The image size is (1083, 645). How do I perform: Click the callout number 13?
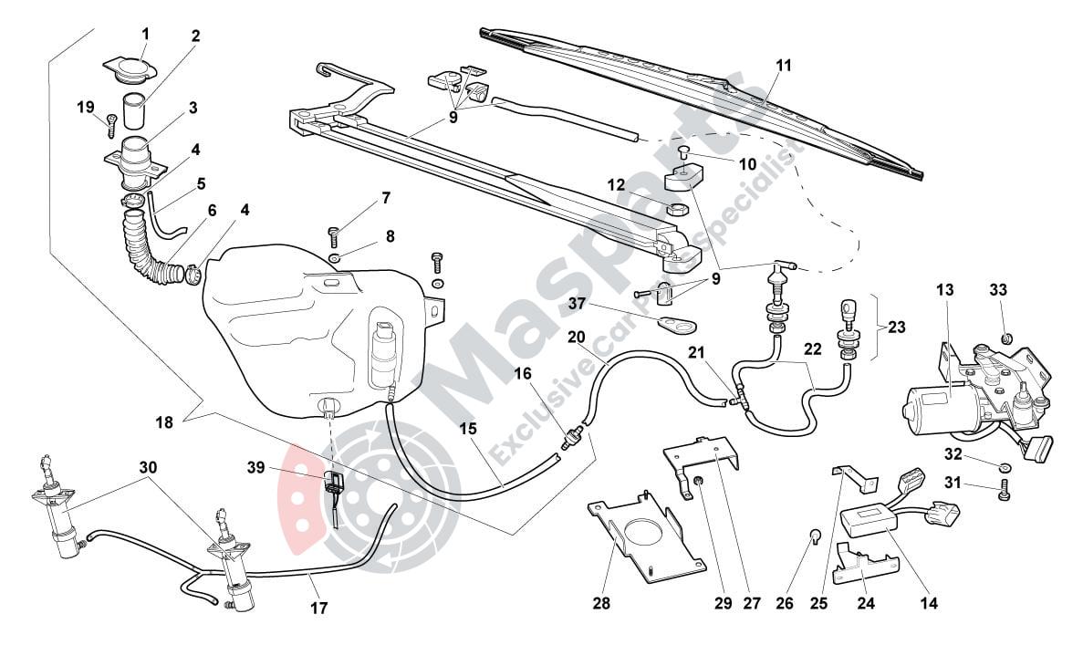point(944,290)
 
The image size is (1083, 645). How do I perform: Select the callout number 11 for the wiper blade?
point(784,66)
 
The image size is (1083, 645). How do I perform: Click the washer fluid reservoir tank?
point(301,319)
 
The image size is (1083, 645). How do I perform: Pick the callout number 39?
point(255,468)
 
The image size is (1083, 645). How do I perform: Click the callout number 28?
point(601,603)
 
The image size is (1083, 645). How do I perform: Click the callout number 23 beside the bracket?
point(897,328)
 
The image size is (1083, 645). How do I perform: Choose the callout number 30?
point(148,467)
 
